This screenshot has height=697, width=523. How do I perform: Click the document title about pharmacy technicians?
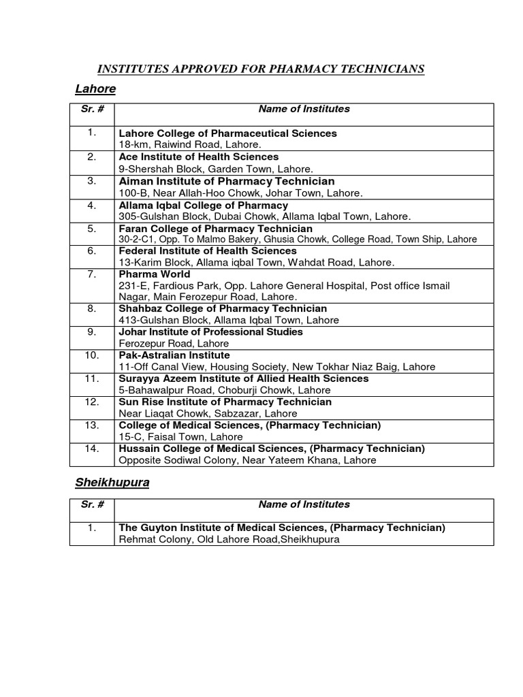tap(261, 69)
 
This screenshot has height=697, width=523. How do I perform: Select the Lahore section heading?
tap(95, 89)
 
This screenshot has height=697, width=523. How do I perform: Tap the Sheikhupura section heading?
tap(112, 483)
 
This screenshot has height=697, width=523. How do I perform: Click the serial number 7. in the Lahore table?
tap(92, 274)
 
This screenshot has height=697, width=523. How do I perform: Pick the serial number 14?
tap(92, 449)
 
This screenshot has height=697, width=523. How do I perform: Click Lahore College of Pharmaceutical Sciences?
tap(227, 133)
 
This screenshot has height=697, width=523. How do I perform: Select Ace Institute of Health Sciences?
tap(199, 157)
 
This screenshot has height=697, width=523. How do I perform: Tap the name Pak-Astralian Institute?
tap(174, 355)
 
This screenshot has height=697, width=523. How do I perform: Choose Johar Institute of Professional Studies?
tap(210, 331)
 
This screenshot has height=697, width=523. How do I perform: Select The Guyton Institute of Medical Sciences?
tap(282, 528)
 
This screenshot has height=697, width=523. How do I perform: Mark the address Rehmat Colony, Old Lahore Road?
tap(229, 540)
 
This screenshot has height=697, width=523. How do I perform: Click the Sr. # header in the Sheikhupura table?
tap(92, 504)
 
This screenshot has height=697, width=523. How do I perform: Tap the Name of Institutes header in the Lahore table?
tap(304, 108)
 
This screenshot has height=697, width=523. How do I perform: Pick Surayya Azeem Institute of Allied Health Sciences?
tap(244, 378)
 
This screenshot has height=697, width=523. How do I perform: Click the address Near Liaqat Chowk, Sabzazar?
tap(198, 414)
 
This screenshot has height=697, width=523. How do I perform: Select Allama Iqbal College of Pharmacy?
tap(203, 205)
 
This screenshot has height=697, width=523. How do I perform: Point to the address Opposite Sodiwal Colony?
tap(247, 461)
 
